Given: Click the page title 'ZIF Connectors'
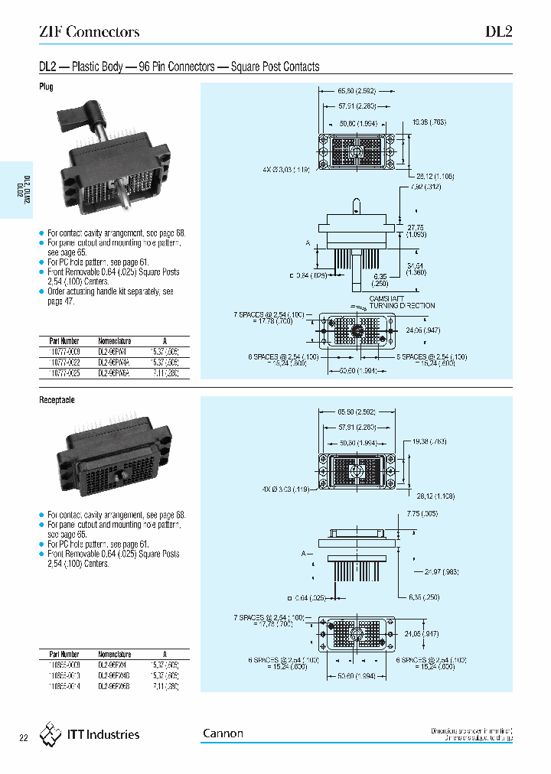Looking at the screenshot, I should point(89,32).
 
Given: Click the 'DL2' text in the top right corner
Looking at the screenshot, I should point(498,32).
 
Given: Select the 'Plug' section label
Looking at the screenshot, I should point(47,87).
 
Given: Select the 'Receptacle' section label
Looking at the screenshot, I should point(57,400).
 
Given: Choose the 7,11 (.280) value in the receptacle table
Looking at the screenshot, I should point(165,687).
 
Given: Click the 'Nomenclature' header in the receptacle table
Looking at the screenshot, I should point(115,654).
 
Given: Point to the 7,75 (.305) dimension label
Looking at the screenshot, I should point(422,513).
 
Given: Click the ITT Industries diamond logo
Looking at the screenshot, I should point(51,734).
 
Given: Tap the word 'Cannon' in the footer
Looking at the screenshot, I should point(223,733).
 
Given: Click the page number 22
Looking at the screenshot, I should point(23,738).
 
